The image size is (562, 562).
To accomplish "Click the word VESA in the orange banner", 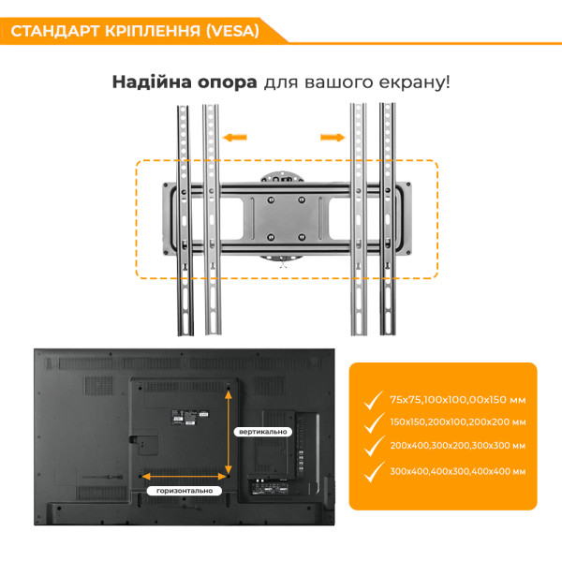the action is [232, 31].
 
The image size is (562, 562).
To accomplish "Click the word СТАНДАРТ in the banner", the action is [55, 31].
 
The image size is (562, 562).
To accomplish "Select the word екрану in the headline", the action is [412, 82].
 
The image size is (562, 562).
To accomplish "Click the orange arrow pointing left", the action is [235, 138].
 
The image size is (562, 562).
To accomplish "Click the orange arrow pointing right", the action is [333, 138].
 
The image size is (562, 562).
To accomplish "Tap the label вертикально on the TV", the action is [262, 432].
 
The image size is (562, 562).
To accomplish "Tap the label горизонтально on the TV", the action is [185, 491].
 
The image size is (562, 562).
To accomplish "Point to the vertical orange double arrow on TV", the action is [229, 433].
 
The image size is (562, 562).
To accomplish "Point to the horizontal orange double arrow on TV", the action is [185, 477].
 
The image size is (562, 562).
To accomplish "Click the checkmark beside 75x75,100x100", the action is [374, 400].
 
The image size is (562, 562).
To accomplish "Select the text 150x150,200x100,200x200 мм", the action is [458, 421].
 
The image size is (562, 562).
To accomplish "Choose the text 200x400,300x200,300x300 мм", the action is [458, 446].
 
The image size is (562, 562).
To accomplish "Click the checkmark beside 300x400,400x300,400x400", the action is [374, 472].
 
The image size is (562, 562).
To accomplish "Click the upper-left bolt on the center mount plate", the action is [271, 200].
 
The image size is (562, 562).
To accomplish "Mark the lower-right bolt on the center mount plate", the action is [302, 237].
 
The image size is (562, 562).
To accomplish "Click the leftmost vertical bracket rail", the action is [185, 220].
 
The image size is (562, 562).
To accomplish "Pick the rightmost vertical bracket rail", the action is [388, 219].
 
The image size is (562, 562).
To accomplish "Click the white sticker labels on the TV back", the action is [189, 418].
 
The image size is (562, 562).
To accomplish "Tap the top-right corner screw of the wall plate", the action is [407, 185].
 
